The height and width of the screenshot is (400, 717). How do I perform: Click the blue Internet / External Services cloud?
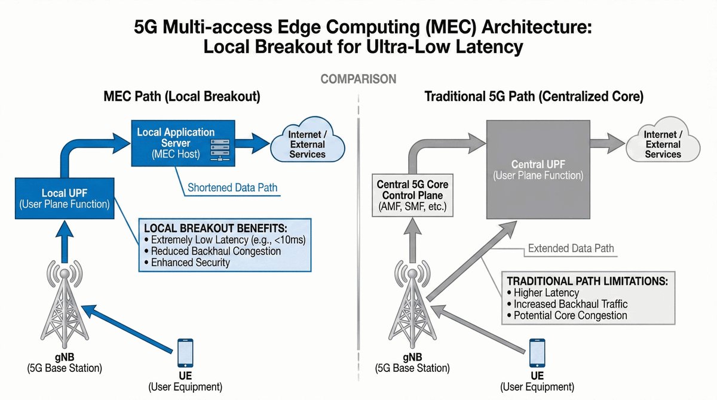[x=307, y=144]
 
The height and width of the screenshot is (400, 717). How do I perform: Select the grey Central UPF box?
[x=538, y=170]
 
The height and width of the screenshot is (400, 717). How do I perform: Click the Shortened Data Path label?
[x=232, y=187]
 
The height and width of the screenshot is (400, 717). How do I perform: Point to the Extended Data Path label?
[x=571, y=248]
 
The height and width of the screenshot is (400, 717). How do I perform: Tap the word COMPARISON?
[x=358, y=79]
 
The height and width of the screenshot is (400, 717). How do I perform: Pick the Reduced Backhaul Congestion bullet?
[x=216, y=251]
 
